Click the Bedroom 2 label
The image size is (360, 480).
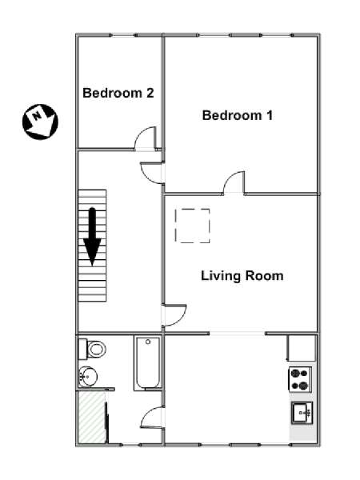point(118,93)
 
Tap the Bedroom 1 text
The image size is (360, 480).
point(238,115)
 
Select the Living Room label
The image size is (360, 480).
point(242,276)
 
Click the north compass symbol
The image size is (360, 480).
point(40,122)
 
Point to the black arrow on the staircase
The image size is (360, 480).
point(92,237)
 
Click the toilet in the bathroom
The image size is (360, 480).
point(92,349)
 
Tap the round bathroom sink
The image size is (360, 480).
point(88,377)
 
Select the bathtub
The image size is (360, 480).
point(148,363)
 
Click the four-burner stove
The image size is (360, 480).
point(300,379)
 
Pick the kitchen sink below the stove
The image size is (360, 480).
point(302,413)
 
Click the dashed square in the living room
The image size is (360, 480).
point(193,226)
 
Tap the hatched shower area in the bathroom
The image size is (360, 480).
point(92,418)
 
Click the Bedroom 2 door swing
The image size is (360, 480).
point(146,138)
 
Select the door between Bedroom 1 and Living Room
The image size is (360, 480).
point(234,182)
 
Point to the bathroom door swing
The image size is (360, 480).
point(152,417)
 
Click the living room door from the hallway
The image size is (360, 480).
point(175,315)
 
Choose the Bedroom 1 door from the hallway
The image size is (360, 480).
point(152,173)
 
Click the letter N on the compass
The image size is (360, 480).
point(37,116)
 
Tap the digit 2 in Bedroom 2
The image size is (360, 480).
point(150,93)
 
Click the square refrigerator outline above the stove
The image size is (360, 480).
point(302,348)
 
